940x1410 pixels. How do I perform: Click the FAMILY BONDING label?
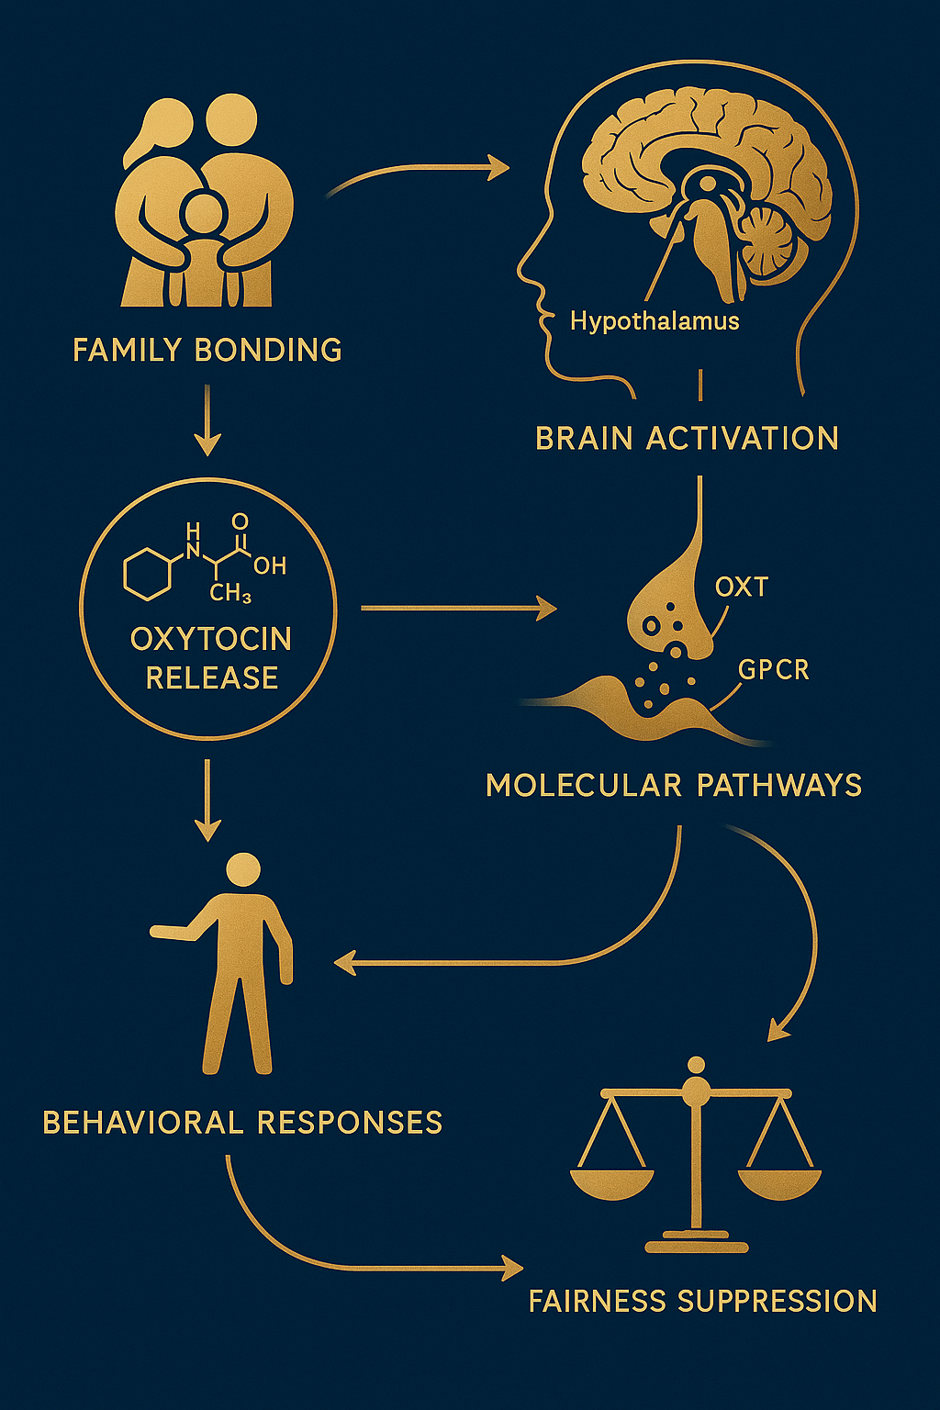point(207,350)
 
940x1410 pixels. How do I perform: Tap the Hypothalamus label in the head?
point(654,321)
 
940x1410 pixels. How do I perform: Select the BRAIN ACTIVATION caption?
point(687,438)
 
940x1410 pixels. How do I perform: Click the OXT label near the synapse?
point(741,587)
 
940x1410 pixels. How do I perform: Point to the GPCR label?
point(773,670)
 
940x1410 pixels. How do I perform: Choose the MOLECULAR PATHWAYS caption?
point(674,785)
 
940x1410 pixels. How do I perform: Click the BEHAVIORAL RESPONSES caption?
point(242,1122)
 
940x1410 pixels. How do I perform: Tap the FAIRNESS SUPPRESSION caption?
point(702,1301)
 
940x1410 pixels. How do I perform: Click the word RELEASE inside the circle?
point(212,677)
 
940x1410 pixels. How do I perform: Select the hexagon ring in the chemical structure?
point(148,574)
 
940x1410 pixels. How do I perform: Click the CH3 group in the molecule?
point(229,593)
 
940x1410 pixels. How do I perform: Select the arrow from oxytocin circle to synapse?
point(459,608)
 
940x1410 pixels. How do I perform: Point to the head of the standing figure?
point(243,869)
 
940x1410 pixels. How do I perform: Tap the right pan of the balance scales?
point(779,1182)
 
